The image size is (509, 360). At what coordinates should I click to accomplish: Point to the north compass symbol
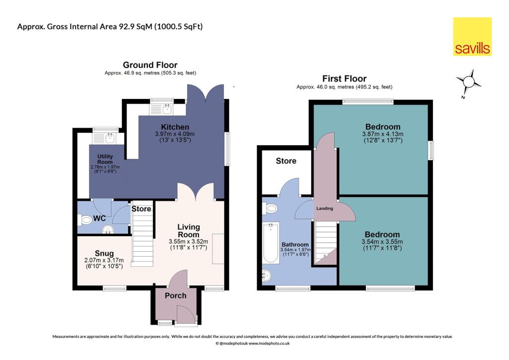[468, 82]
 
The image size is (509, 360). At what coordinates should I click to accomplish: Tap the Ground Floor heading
[150, 65]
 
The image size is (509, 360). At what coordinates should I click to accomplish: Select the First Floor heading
[344, 79]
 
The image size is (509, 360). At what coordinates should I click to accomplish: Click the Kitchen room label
[174, 127]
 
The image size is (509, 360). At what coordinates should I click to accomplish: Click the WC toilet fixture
[85, 219]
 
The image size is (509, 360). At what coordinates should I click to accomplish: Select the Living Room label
[188, 231]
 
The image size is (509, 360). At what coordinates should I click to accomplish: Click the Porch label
[175, 295]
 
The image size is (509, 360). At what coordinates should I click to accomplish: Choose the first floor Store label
[286, 161]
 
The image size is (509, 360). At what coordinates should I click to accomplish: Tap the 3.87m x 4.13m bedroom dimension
[382, 134]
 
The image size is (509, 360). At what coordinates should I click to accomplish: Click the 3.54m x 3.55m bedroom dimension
[382, 242]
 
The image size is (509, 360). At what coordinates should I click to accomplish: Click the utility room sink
[107, 137]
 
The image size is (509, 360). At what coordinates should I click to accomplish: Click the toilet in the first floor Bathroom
[271, 209]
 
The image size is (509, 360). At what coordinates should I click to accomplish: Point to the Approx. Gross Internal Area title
[110, 26]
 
